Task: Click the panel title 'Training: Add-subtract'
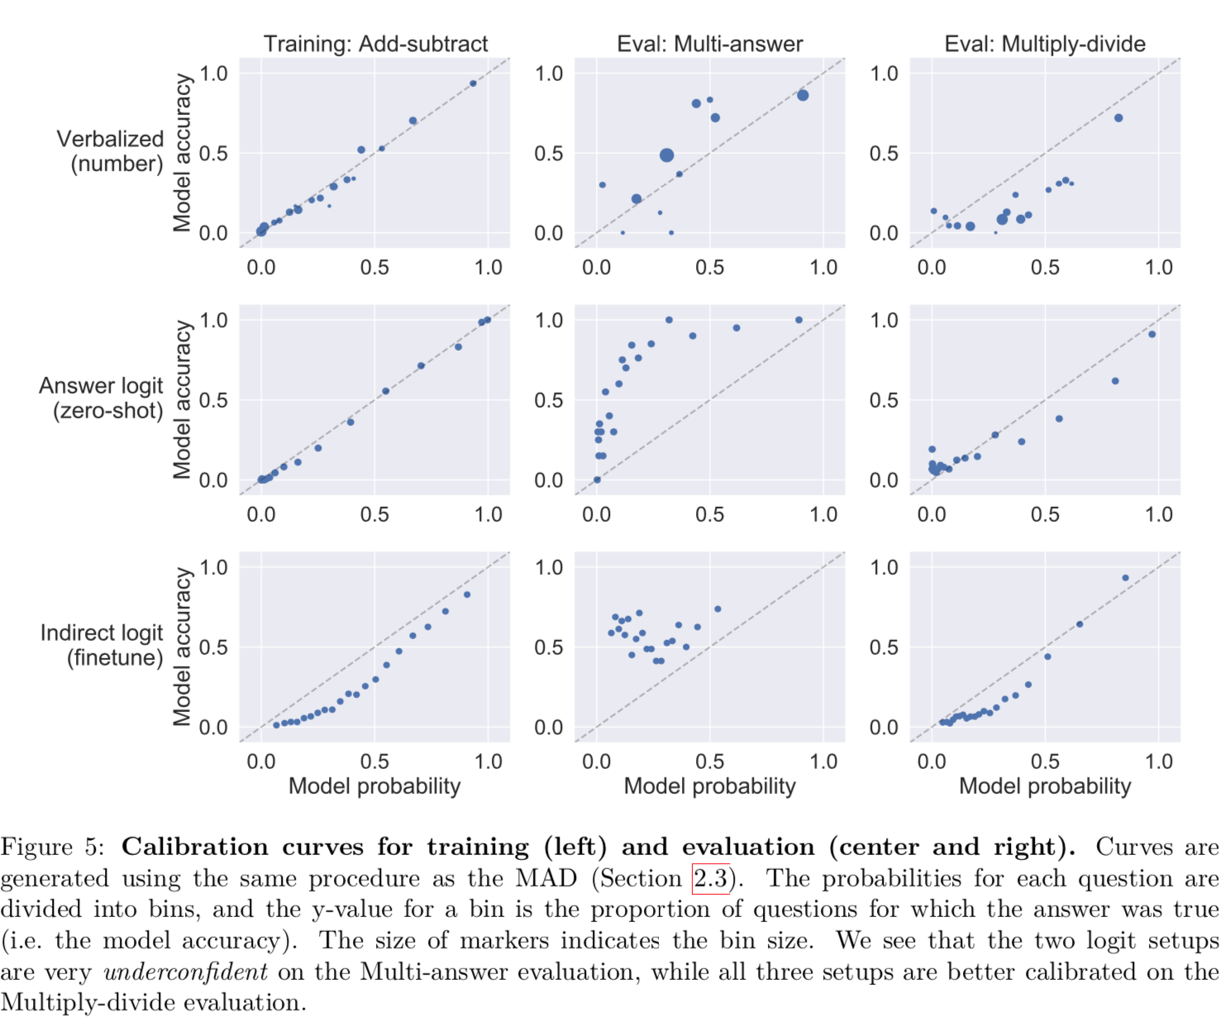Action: coord(375,44)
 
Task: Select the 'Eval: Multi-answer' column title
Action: coord(709,44)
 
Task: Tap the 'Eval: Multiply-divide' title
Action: coord(1045,44)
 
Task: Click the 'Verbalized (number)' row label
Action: coord(110,150)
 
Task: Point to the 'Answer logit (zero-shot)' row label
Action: coord(102,398)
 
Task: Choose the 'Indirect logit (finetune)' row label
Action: coord(102,645)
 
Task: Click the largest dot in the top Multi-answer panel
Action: coord(666,155)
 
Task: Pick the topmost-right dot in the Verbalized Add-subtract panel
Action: coord(473,84)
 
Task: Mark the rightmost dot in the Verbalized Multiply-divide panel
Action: coord(1118,118)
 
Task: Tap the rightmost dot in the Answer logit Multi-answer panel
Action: coord(799,320)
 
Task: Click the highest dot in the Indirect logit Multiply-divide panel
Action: coord(1125,578)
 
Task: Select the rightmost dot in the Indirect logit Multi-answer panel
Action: coord(717,609)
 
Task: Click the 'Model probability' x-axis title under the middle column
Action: coord(709,786)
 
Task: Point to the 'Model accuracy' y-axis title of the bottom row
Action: coord(182,646)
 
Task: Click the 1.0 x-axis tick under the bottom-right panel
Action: coord(1158,761)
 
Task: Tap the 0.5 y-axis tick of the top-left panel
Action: coord(213,153)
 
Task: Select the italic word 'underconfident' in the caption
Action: coord(186,972)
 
